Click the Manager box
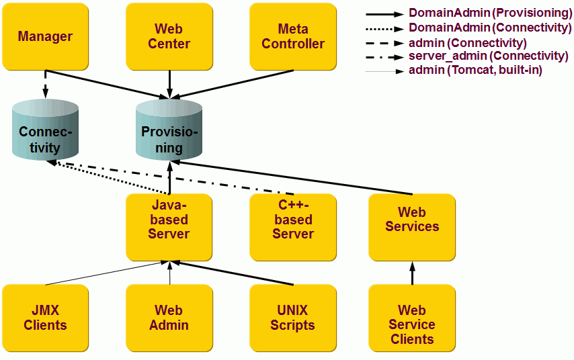pyautogui.click(x=45, y=37)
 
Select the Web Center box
pyautogui.click(x=169, y=37)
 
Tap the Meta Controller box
pyautogui.click(x=293, y=37)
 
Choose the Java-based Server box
pyautogui.click(x=169, y=227)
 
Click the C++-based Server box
pyautogui.click(x=293, y=227)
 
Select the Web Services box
pyautogui.click(x=412, y=227)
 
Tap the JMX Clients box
pyautogui.click(x=45, y=318)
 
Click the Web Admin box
pyautogui.click(x=169, y=318)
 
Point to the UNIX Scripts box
pyautogui.click(x=293, y=318)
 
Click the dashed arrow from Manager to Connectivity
pyautogui.click(x=45, y=84)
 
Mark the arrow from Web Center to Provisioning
pyautogui.click(x=169, y=84)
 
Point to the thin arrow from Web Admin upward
pyautogui.click(x=169, y=273)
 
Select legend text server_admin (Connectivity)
pyautogui.click(x=488, y=56)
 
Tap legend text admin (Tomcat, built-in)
pyautogui.click(x=475, y=70)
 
